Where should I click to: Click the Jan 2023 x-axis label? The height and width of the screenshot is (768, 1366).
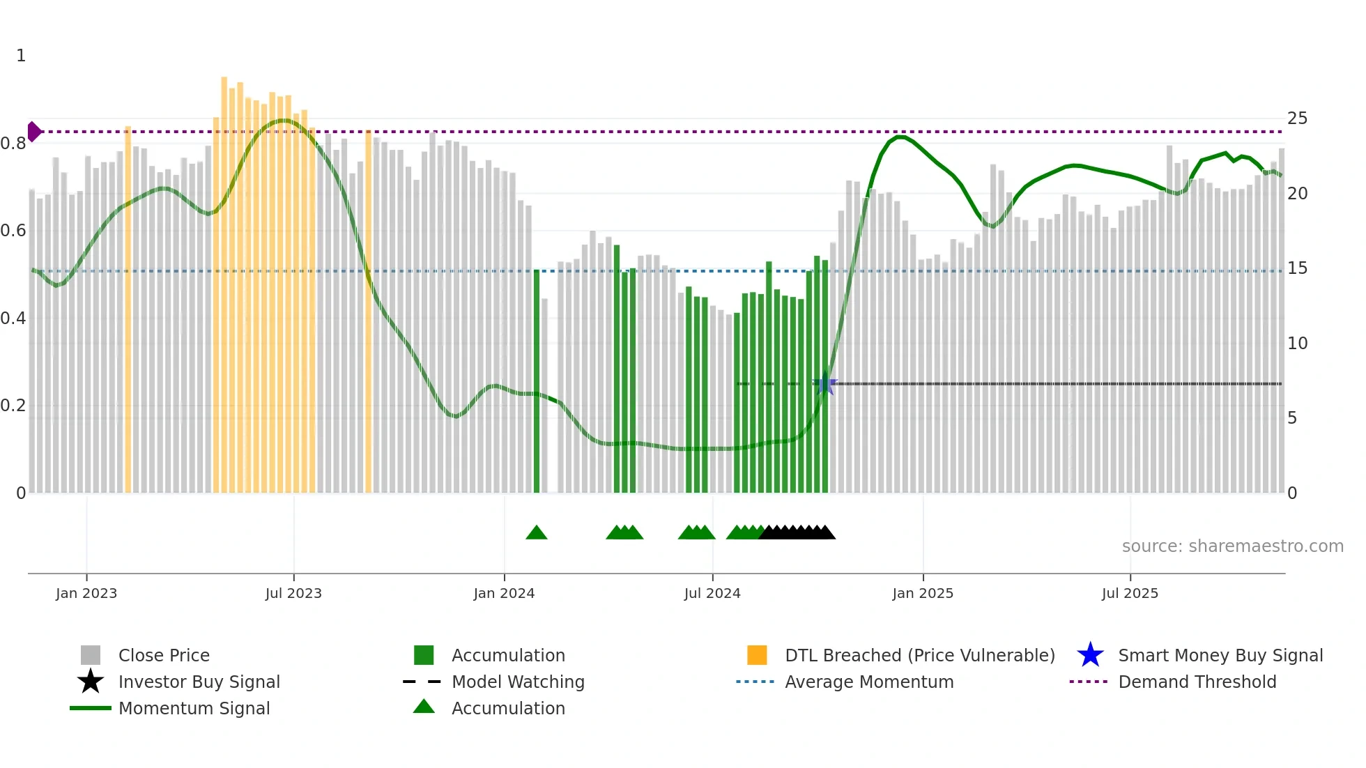point(86,593)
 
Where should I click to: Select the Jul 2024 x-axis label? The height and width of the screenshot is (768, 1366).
point(712,593)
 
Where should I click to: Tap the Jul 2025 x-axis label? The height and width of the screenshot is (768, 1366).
point(1130,593)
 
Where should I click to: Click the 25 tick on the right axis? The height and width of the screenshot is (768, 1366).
point(1297,118)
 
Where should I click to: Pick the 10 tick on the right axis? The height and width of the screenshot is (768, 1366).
point(1297,344)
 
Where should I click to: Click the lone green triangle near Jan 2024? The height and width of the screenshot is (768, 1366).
point(537,533)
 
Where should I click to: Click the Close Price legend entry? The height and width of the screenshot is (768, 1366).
point(164,655)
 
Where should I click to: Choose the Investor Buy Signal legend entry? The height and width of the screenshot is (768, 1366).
point(199,682)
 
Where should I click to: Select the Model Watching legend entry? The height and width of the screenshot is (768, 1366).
point(518,682)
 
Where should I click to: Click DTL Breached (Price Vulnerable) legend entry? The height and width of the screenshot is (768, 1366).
point(919,655)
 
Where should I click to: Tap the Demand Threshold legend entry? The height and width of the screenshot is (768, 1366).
point(1197,682)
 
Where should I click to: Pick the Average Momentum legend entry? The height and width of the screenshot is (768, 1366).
point(869,682)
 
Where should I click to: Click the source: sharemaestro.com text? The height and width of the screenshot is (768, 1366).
point(1232,546)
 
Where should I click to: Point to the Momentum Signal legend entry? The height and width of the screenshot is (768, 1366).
point(194,708)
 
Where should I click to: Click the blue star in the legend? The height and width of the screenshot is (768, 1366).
point(1090,655)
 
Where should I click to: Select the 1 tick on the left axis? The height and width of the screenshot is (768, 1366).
point(21,56)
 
